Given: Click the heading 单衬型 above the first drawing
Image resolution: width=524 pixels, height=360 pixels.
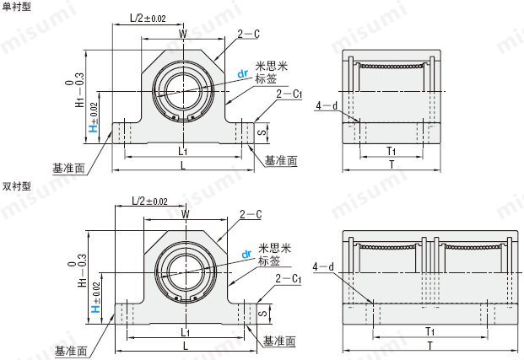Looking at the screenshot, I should (17, 6).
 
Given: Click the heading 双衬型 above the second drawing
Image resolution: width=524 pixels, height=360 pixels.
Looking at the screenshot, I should (17, 185).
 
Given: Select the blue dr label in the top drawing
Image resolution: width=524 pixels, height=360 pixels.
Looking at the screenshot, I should (243, 73).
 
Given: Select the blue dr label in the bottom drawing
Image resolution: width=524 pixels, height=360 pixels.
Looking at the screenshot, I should (247, 253).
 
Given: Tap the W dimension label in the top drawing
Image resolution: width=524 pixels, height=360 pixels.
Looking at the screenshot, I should (183, 34).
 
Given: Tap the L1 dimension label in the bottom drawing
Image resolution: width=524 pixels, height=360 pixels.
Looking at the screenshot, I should (184, 333).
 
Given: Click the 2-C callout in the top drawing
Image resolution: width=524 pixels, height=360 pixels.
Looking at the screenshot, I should (248, 34).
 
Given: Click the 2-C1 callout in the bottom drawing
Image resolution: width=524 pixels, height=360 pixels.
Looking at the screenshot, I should (288, 278).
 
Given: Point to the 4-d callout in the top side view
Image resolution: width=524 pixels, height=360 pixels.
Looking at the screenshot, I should (326, 105).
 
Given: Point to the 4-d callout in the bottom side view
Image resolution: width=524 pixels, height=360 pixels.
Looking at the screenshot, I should (323, 267).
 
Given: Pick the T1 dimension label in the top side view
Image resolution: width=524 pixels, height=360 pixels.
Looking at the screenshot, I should (392, 151).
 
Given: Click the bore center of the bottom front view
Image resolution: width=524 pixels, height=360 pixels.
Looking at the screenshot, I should (184, 271).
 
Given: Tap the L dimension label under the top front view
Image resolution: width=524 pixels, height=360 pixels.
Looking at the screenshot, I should (183, 165).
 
